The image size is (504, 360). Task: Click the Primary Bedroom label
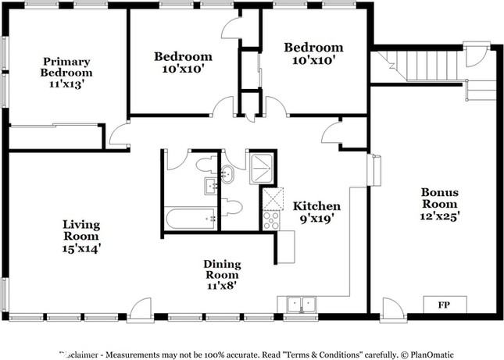pyautogui.click(x=66, y=67)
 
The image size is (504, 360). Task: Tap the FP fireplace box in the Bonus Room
pyautogui.click(x=445, y=304)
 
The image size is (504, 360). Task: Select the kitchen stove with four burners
pyautogui.click(x=271, y=220)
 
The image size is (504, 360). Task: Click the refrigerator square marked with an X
pyautogui.click(x=271, y=200)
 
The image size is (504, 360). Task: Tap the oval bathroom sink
pyautogui.click(x=227, y=173)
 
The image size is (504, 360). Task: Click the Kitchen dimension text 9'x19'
pyautogui.click(x=316, y=219)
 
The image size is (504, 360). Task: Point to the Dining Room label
pyautogui.click(x=222, y=269)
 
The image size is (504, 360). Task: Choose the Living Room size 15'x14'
pyautogui.click(x=81, y=248)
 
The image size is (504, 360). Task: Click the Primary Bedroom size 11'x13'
pyautogui.click(x=66, y=85)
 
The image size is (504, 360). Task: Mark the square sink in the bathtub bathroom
pyautogui.click(x=211, y=186)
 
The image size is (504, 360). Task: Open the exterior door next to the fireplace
pyautogui.click(x=392, y=311)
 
